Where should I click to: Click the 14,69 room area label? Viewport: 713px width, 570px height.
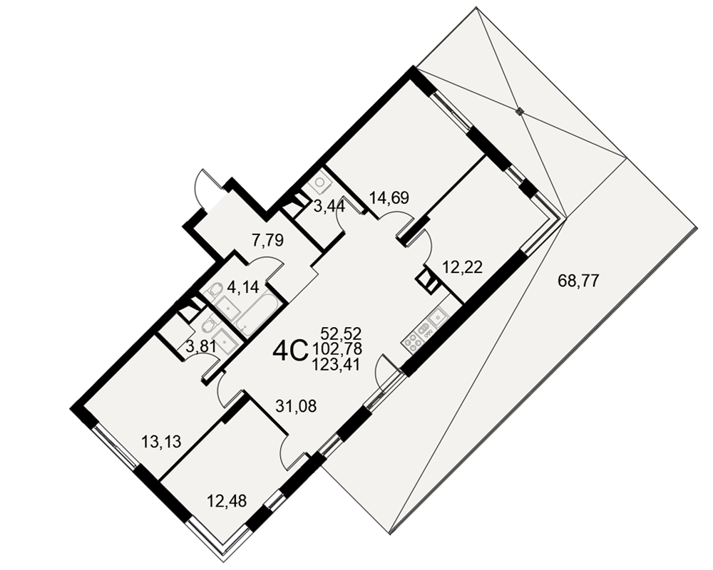tap(389, 198)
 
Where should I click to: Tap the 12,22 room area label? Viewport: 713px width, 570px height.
tap(462, 266)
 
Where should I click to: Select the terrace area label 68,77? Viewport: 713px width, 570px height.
tap(579, 281)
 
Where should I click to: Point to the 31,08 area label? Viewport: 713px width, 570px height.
tap(296, 405)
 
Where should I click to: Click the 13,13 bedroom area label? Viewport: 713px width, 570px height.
tap(161, 441)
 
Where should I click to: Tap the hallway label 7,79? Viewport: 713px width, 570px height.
tap(267, 240)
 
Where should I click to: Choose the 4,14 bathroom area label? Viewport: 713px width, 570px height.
tap(242, 287)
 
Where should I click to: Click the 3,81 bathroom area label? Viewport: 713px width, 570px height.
tap(202, 347)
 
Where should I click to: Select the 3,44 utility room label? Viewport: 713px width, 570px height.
tap(329, 207)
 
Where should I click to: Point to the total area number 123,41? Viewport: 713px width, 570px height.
tap(337, 363)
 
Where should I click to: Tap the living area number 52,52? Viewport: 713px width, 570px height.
tap(341, 333)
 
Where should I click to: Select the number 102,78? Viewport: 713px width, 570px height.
tap(337, 348)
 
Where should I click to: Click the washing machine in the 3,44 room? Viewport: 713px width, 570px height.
tap(321, 182)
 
